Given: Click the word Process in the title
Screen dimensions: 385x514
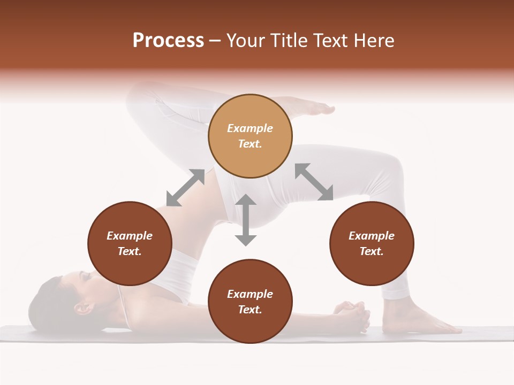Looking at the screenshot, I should tap(168, 41).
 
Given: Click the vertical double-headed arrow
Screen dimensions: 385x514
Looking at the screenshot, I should tap(246, 220).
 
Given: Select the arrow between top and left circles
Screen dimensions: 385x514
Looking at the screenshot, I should tap(185, 188).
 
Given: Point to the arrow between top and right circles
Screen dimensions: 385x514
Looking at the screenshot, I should tap(314, 182).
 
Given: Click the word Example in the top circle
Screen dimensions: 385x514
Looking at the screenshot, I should tap(250, 128).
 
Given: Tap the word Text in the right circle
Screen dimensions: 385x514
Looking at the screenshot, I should tap(371, 251).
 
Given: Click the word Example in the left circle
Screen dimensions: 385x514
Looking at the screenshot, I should tap(130, 236).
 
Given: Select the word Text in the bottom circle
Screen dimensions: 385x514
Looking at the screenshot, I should tap(250, 310).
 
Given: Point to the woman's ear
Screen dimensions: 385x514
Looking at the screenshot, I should tap(82, 308).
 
